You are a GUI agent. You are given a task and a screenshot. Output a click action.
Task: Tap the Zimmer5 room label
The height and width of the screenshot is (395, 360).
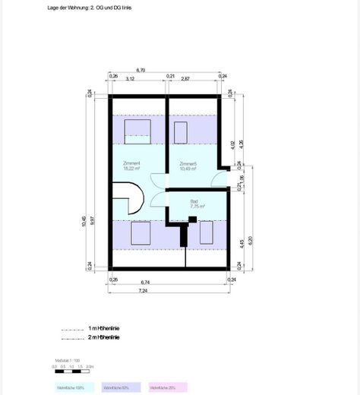click(x=188, y=163)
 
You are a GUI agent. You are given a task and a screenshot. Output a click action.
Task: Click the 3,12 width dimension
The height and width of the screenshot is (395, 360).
click(x=131, y=78)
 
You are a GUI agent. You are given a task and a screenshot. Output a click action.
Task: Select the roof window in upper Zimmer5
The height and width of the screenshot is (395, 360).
click(x=181, y=131)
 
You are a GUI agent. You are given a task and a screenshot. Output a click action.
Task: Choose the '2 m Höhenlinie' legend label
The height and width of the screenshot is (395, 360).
click(x=104, y=337)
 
